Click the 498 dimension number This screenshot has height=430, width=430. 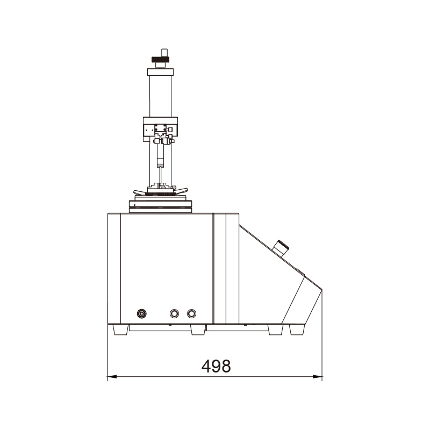[216, 366]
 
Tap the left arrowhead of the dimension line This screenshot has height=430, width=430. [112, 377]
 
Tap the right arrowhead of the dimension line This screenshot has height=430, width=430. [318, 377]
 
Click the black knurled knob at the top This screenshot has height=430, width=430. [160, 60]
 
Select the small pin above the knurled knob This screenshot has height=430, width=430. [164, 52]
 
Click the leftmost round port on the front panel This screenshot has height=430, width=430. [141, 313]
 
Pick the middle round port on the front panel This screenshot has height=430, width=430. [174, 313]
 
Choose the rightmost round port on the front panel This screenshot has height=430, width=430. [191, 313]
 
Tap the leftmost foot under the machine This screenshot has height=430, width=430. [120, 329]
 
